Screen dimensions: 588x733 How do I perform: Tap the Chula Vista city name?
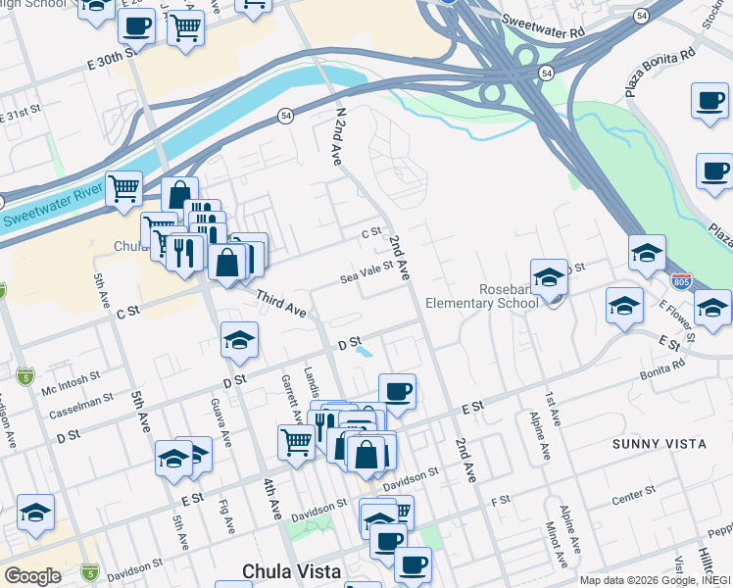292,571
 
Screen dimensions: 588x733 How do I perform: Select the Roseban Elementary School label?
509,296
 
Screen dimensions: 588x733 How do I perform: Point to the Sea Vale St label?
366,271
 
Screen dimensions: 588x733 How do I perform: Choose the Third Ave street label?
282,304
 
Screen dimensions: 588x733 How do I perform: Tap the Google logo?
31,576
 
